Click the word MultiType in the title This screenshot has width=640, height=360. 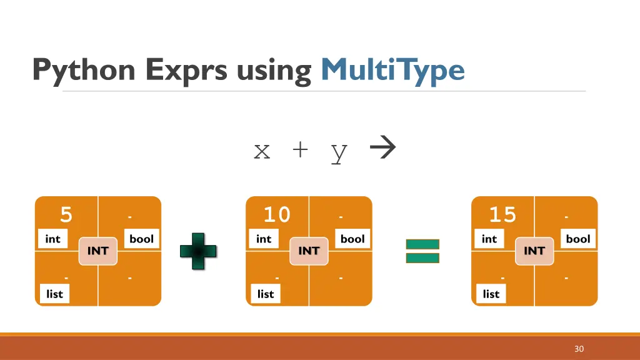point(392,70)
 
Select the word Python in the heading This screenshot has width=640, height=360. point(84,70)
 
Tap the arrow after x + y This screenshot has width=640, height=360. point(382,149)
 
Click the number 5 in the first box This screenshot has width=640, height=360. point(66,215)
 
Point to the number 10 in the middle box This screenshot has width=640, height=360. point(277,215)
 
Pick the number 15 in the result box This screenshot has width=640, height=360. point(502,215)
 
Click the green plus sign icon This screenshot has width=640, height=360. point(198,251)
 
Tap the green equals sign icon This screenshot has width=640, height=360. point(422,251)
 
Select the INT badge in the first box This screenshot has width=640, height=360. point(98,251)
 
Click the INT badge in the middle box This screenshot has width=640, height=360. point(309,251)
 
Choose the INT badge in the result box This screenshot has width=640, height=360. point(534,251)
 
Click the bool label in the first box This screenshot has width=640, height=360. point(141,239)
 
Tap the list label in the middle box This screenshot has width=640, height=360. point(266,294)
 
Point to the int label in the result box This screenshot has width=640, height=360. point(489,239)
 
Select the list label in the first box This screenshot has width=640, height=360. point(55,294)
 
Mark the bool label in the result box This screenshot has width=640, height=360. point(578,239)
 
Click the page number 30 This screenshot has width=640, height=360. point(579,349)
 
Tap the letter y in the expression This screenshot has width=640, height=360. point(339,152)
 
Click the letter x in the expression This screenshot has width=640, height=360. point(262,151)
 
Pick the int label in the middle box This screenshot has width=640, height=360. point(264,239)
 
